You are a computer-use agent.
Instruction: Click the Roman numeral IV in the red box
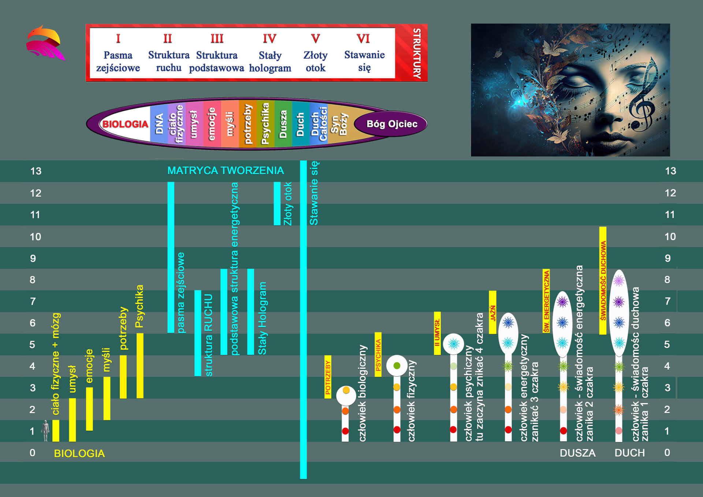coord(269,38)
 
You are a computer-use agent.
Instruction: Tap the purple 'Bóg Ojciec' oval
coord(391,124)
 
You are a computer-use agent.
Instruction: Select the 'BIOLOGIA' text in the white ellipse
coord(125,124)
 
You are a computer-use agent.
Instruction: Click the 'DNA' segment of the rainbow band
coord(159,124)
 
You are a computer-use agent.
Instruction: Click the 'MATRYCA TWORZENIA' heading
coord(226,171)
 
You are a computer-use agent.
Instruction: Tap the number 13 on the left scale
coord(36,171)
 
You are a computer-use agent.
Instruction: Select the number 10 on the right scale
coord(670,237)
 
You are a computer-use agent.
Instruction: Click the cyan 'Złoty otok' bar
coord(277,203)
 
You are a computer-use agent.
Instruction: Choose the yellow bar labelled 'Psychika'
coord(140,366)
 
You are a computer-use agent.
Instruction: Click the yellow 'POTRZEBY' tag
coord(328,377)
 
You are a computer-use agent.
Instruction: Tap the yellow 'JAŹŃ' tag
coord(492,312)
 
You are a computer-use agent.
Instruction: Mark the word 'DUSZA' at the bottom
coord(577,453)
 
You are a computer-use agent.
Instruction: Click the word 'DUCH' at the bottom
coord(630,453)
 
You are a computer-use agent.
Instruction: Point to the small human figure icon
coord(45,430)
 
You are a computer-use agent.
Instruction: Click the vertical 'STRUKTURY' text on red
coord(417,53)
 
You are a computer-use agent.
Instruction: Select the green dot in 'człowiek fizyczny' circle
coord(397,366)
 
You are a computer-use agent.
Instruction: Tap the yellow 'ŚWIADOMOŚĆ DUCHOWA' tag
coord(603,280)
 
